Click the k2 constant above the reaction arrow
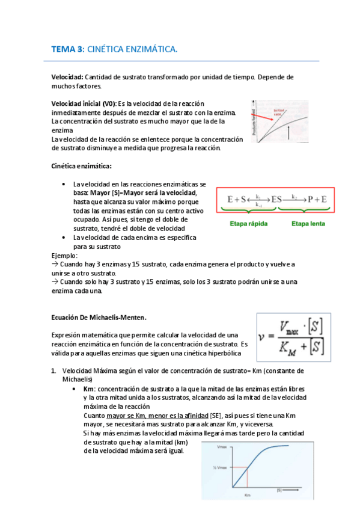(294, 195)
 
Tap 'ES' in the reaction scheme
(276, 199)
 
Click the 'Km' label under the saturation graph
(247, 496)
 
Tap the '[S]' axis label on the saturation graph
(279, 490)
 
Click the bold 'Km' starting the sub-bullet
(88, 389)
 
